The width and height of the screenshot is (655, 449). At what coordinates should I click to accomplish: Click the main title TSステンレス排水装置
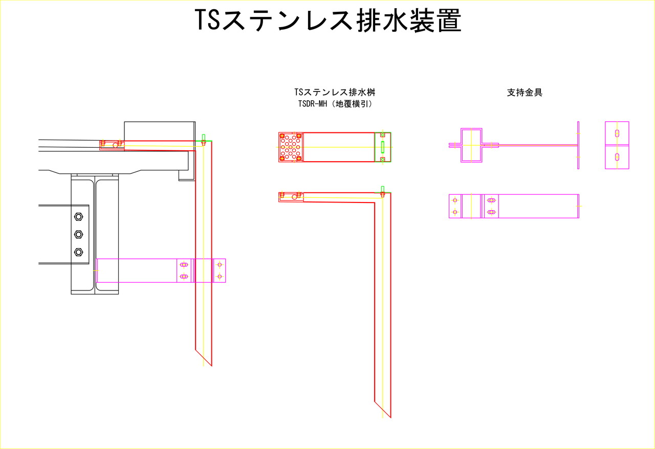click(x=328, y=20)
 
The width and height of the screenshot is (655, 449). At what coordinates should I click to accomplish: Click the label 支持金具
click(x=525, y=93)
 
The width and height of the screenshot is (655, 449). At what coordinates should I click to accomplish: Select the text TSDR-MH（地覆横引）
click(x=335, y=104)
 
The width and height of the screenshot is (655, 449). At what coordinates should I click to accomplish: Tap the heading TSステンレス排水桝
click(x=335, y=92)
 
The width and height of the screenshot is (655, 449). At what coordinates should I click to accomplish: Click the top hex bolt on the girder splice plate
click(x=78, y=217)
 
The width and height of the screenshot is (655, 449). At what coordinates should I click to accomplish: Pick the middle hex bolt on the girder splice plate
click(x=78, y=234)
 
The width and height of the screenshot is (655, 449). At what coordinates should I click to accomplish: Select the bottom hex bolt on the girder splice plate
click(x=78, y=252)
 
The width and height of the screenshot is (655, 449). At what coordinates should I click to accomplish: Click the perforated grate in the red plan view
click(x=291, y=147)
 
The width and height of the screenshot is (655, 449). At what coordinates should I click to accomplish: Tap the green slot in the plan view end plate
click(x=382, y=147)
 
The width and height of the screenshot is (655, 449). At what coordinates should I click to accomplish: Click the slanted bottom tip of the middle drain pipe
click(x=390, y=417)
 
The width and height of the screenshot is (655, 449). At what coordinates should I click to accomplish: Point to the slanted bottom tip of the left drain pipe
click(x=211, y=366)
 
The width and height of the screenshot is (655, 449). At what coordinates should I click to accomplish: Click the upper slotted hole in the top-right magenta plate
click(x=617, y=133)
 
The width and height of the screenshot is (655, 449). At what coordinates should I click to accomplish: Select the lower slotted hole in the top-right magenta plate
click(x=617, y=157)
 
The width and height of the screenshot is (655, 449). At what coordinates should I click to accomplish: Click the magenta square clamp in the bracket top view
click(x=471, y=145)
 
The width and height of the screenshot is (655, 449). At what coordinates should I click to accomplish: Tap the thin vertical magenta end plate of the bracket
click(x=578, y=145)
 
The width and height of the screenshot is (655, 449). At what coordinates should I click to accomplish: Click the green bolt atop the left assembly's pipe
click(x=204, y=140)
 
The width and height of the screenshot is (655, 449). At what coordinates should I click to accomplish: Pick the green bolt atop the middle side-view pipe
click(x=382, y=191)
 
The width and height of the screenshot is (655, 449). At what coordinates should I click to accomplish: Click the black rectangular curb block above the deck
click(x=160, y=131)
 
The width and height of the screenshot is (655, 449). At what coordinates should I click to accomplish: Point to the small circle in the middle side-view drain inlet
click(x=294, y=197)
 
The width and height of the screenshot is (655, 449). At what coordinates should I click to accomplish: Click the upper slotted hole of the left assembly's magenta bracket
click(x=184, y=264)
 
